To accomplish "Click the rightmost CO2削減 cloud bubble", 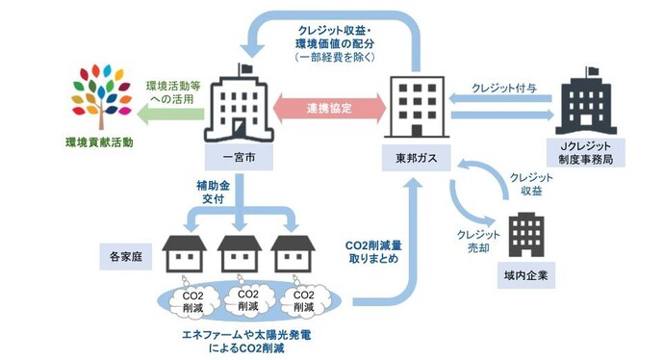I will coord(300,299).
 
